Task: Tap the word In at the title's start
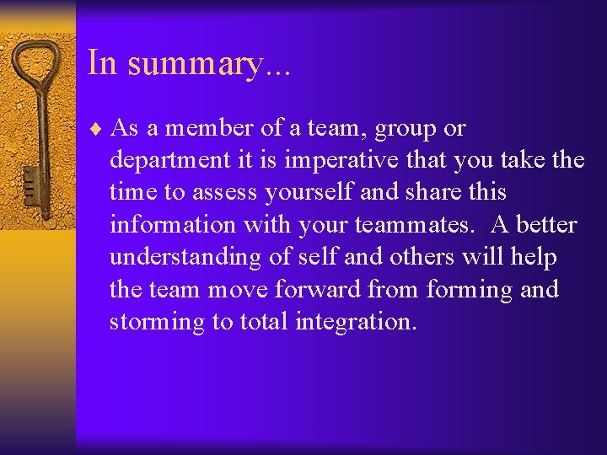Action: click(102, 63)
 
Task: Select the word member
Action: click(202, 128)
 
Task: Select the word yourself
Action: click(309, 193)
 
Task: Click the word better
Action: click(546, 225)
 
